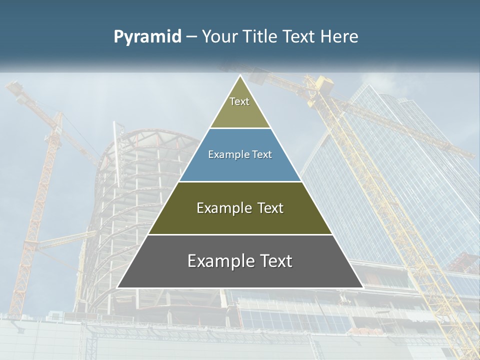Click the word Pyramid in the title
coord(147,37)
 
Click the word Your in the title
coord(219,37)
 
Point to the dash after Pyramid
coord(191,37)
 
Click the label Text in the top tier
coord(239,101)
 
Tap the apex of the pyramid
coord(240,76)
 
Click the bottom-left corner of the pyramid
coord(118,287)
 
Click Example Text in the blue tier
coord(240,155)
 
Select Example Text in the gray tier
coord(240,261)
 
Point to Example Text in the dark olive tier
coord(240,208)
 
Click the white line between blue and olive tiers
coord(240,181)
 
